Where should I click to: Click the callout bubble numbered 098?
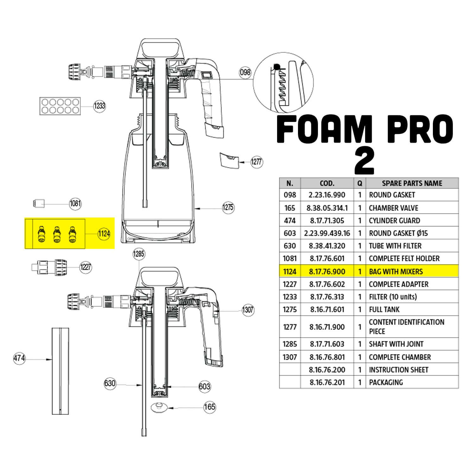click(x=245, y=73)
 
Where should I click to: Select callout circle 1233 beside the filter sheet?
click(x=99, y=106)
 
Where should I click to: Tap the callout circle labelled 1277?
click(x=256, y=162)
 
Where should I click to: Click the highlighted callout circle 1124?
click(x=104, y=234)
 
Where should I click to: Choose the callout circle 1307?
click(x=248, y=309)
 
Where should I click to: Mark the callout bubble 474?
click(x=19, y=358)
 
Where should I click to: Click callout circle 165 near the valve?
click(x=209, y=407)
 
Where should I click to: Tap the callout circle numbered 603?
click(x=205, y=386)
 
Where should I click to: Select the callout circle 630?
click(x=110, y=383)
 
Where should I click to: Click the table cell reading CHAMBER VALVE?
click(x=393, y=208)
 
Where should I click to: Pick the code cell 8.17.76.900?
click(x=327, y=271)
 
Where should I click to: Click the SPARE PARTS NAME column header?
click(x=412, y=183)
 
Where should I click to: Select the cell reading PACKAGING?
click(x=386, y=382)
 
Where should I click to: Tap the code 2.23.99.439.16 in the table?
click(x=327, y=233)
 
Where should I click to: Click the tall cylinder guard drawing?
click(x=60, y=371)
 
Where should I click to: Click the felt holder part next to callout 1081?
click(x=39, y=203)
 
